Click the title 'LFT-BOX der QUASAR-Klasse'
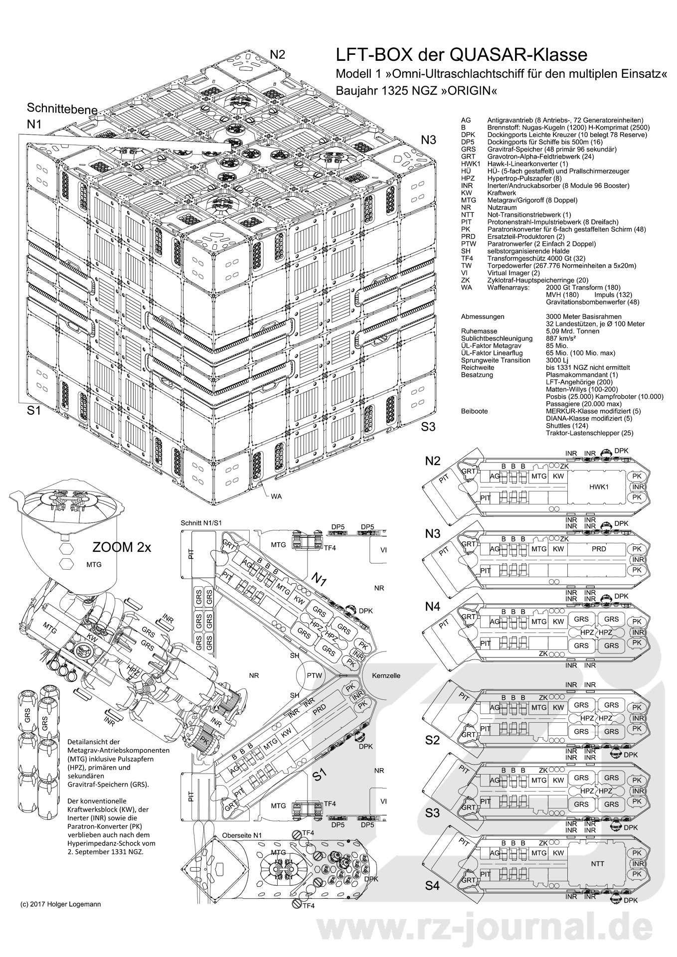461,54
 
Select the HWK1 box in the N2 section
598,487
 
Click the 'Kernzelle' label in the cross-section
386,676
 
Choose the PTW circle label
315,676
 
